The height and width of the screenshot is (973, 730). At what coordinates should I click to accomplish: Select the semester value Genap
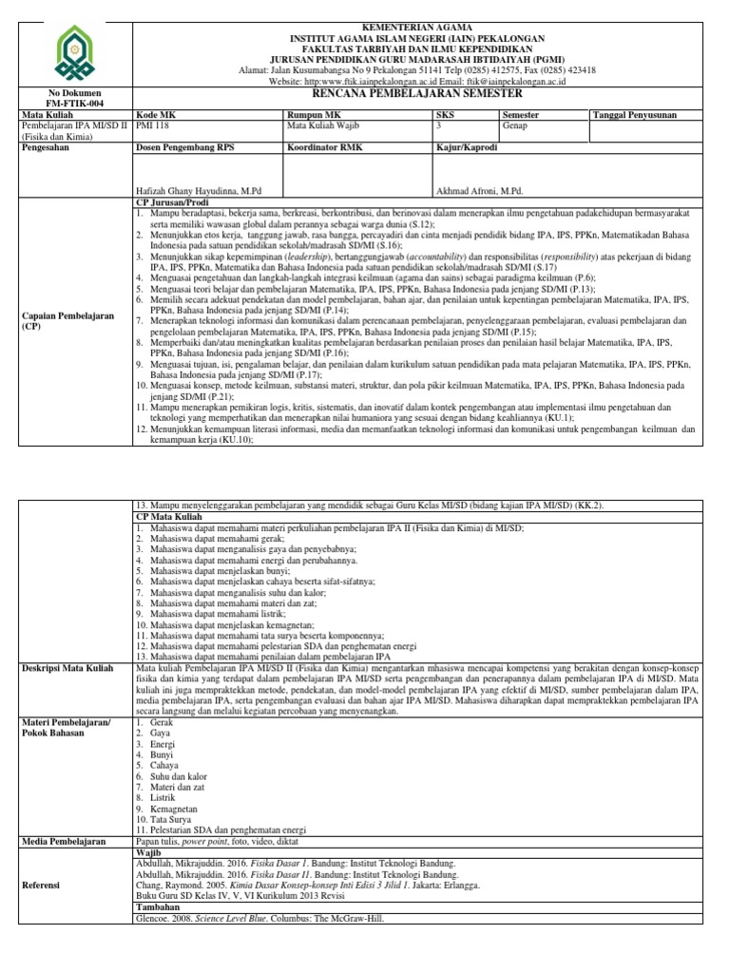coord(515,124)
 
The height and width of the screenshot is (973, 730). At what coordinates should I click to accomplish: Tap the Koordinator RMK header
coord(324,148)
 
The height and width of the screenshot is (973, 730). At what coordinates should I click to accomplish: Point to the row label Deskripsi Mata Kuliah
coord(67,670)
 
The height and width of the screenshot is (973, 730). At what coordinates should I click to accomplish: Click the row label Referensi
coord(43,884)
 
